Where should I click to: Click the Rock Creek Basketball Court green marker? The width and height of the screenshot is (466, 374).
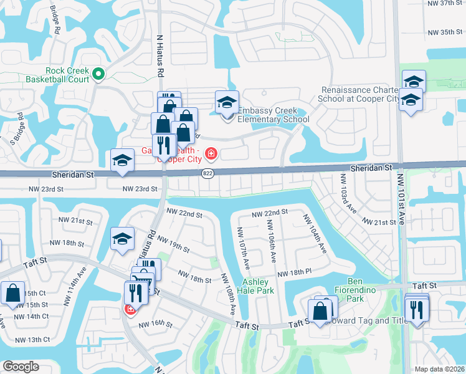pos(98,75)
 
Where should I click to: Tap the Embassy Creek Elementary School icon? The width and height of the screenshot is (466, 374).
pos(227,103)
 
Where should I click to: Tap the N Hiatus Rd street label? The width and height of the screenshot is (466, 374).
pos(160,56)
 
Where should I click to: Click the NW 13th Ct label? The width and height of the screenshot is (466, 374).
pos(34,340)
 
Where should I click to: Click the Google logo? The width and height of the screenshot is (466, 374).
pos(21,367)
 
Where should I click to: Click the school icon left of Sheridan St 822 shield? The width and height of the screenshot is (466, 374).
pos(122,160)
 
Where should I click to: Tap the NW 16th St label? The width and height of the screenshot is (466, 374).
pos(155,324)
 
